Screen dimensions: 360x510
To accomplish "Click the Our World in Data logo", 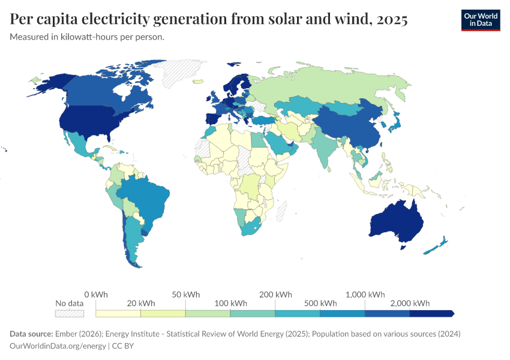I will coord(480,19).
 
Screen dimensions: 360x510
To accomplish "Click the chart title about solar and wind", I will coord(209,19).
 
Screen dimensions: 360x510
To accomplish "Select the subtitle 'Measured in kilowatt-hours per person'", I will coord(87,37).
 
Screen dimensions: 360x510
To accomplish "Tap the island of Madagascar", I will coord(281,210).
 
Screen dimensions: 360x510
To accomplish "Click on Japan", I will coord(395,122).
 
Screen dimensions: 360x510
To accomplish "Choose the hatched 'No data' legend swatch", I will coord(69,313).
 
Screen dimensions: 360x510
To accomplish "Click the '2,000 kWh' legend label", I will coord(413,303).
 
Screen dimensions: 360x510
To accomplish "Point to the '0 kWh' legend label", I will coord(96,295).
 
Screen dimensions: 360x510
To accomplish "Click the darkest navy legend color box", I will coord(431,313).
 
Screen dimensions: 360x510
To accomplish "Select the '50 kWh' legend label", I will coord(185,295).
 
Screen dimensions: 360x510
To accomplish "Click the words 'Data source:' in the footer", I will coord(31,334).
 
